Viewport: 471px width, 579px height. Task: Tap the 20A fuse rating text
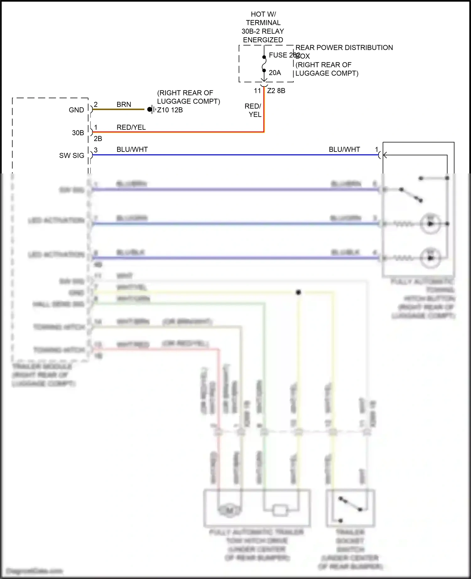coord(275,73)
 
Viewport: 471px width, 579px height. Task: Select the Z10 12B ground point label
coord(170,110)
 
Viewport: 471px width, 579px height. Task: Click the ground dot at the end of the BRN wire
coord(149,109)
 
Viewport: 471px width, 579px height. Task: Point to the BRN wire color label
coord(124,104)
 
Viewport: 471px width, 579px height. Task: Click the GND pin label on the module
coord(76,110)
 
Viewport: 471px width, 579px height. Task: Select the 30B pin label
coord(78,133)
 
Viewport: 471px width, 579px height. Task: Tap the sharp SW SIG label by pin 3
coord(72,156)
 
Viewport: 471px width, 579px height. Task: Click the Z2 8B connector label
coord(276,91)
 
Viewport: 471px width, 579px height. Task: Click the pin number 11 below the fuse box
coord(257,91)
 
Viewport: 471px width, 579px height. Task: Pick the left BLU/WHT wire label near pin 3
coord(132,150)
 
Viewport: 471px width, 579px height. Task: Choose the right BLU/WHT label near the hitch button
coord(344,150)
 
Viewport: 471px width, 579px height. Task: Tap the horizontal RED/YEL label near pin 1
coord(131,127)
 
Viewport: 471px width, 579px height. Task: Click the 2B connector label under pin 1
coord(98,139)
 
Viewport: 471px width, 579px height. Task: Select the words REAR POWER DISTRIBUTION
coord(344,48)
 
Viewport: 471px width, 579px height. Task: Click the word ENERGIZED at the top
coord(263,40)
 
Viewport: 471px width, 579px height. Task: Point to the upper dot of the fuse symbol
coord(264,57)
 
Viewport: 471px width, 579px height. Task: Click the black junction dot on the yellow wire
coord(298,292)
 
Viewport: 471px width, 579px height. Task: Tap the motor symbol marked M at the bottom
coord(230,511)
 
